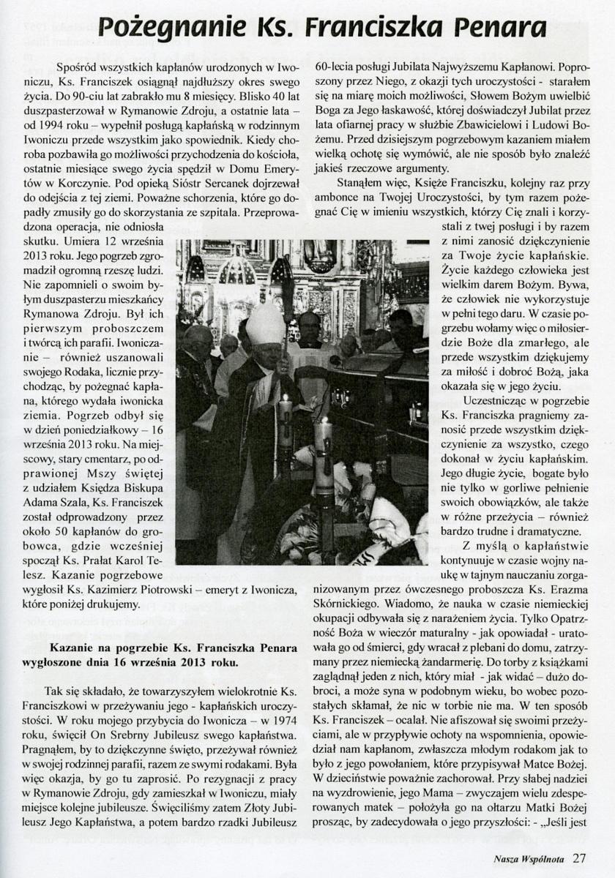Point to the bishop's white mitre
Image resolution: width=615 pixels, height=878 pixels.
click(x=265, y=324)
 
